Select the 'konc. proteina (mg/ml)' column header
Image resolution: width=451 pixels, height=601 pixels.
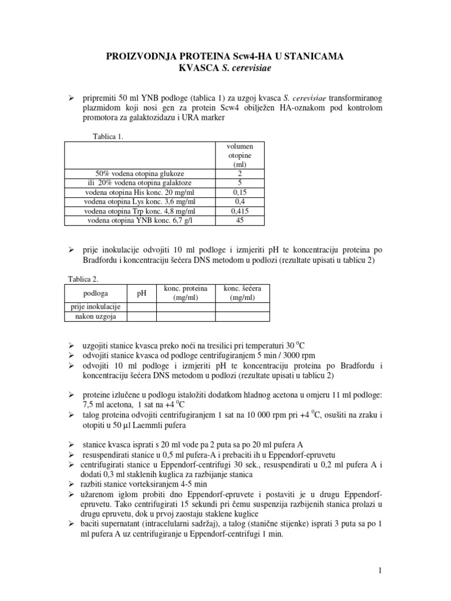[185, 293]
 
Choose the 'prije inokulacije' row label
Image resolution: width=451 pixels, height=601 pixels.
[95, 307]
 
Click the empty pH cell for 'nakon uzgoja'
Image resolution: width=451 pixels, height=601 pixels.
[142, 316]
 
